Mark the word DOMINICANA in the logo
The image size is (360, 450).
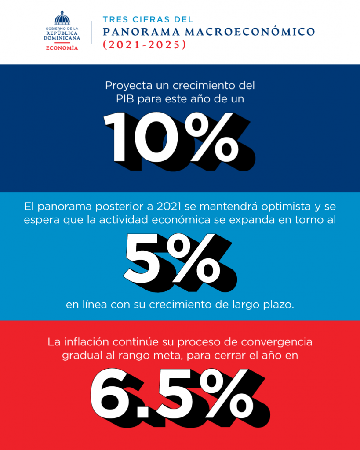(x=62, y=39)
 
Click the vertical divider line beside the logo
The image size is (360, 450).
(x=91, y=32)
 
